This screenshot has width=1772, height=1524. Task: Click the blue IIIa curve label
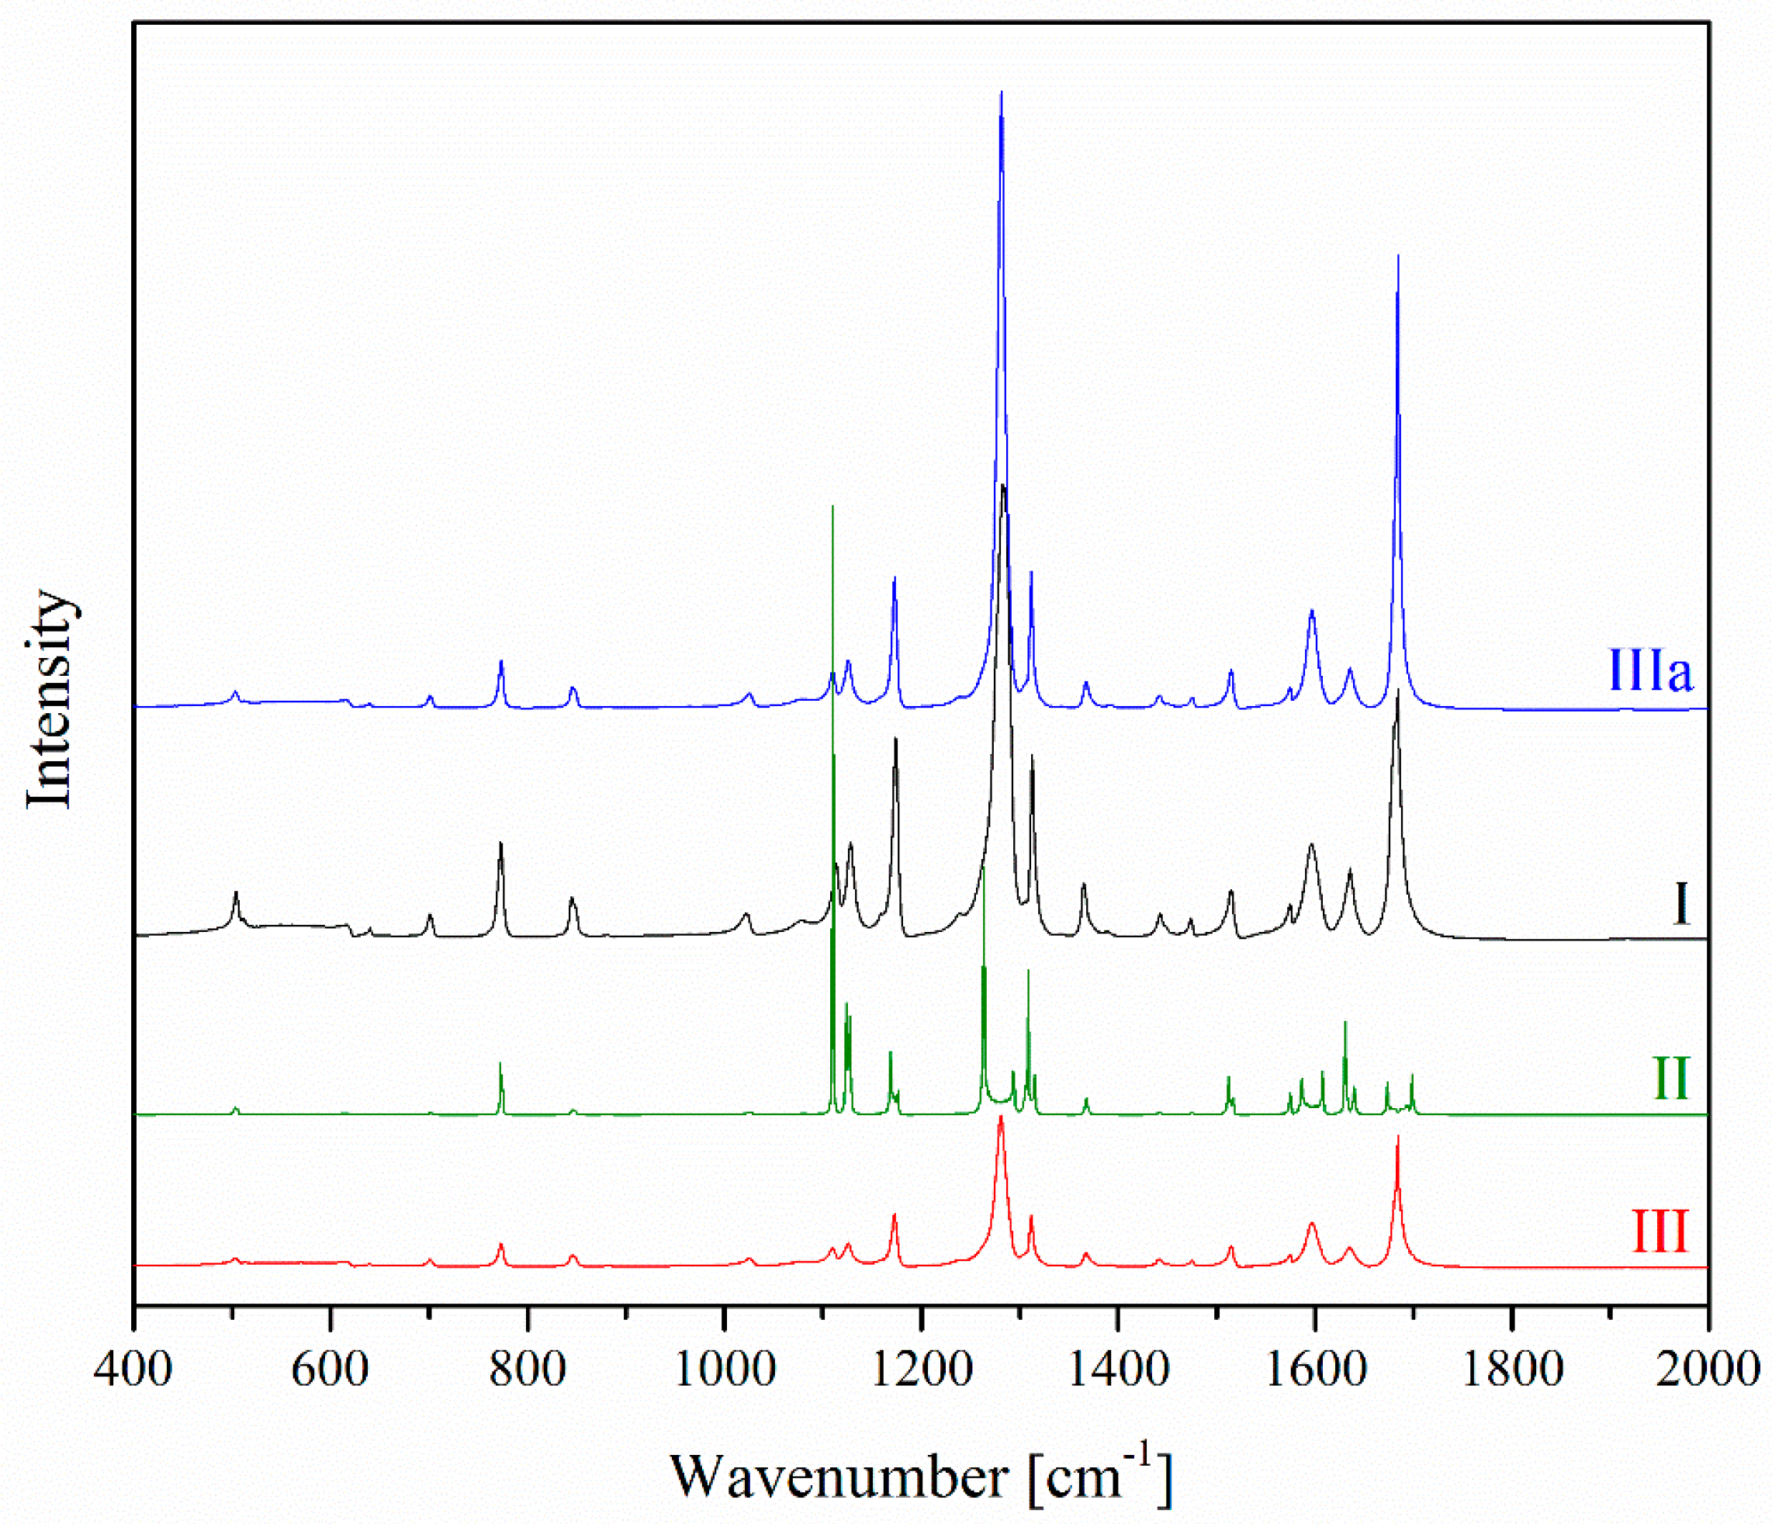1649,670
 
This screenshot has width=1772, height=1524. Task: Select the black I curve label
1680,904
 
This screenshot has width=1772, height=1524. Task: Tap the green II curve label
1671,1079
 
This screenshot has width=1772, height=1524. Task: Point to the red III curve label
1661,1232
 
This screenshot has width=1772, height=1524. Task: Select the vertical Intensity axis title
50,698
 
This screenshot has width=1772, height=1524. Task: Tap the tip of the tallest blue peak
1002,92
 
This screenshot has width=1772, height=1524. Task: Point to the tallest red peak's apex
1001,1117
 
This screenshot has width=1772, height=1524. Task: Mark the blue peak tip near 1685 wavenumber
1397,256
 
